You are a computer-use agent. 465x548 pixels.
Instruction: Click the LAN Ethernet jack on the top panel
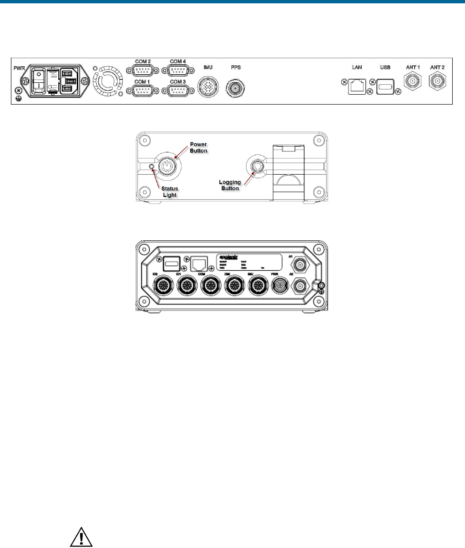pyautogui.click(x=358, y=87)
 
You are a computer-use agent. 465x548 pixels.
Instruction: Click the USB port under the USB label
pyautogui.click(x=384, y=87)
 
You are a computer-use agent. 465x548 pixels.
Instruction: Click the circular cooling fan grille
pyautogui.click(x=108, y=80)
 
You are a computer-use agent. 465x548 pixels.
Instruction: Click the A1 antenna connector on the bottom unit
pyautogui.click(x=300, y=263)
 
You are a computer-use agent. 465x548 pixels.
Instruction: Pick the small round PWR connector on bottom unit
pyautogui.click(x=279, y=286)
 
